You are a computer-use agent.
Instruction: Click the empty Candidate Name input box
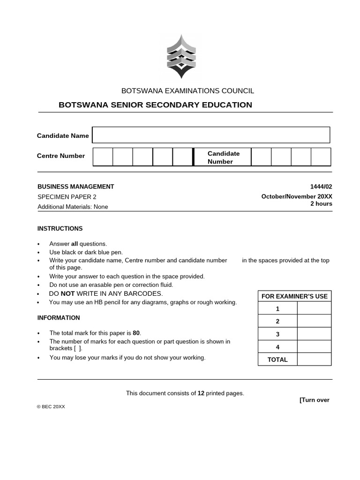211,135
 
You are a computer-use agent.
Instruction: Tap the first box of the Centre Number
103,157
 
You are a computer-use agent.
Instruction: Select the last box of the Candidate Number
321,157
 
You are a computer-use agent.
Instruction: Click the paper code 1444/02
321,187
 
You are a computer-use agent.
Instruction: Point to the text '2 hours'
321,204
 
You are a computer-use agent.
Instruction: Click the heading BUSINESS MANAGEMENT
75,187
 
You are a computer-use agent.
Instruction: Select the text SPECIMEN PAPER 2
67,197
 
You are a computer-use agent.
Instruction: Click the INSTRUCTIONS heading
60,229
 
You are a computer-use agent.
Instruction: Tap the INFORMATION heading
59,318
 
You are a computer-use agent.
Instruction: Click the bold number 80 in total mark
136,333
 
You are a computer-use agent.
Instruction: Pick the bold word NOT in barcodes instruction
67,293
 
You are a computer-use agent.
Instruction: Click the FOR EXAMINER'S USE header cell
294,296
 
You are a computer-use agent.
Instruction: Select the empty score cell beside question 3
314,334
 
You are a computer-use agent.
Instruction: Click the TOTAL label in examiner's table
277,360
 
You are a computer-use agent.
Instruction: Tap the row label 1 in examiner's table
277,308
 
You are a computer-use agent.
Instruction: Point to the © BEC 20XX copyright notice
51,407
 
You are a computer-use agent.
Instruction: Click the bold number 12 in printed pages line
201,393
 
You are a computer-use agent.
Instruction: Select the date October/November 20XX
297,197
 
